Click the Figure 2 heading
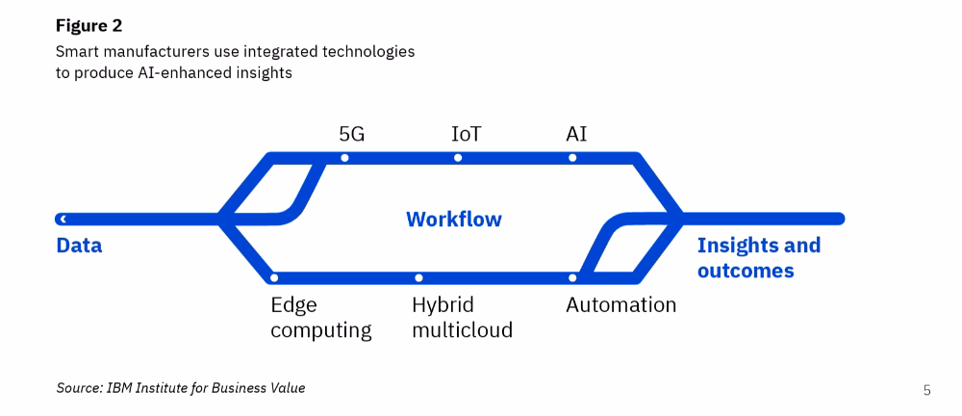pyautogui.click(x=89, y=26)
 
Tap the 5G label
pyautogui.click(x=352, y=134)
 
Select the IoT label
pyautogui.click(x=466, y=134)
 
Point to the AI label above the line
pyautogui.click(x=576, y=134)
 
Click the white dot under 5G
pyautogui.click(x=344, y=158)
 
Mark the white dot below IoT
pyautogui.click(x=458, y=158)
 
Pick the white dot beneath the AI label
pyautogui.click(x=572, y=158)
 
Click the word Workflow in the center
pyautogui.click(x=454, y=220)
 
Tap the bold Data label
pyautogui.click(x=79, y=246)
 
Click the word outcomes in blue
pyautogui.click(x=746, y=271)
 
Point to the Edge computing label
pyautogui.click(x=321, y=318)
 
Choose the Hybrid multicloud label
pyautogui.click(x=462, y=318)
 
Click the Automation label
pyautogui.click(x=620, y=305)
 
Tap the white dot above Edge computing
pyautogui.click(x=274, y=277)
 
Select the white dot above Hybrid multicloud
pyautogui.click(x=418, y=277)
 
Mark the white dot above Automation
pyautogui.click(x=572, y=277)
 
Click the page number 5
pyautogui.click(x=927, y=390)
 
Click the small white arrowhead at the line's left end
pyautogui.click(x=63, y=219)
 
